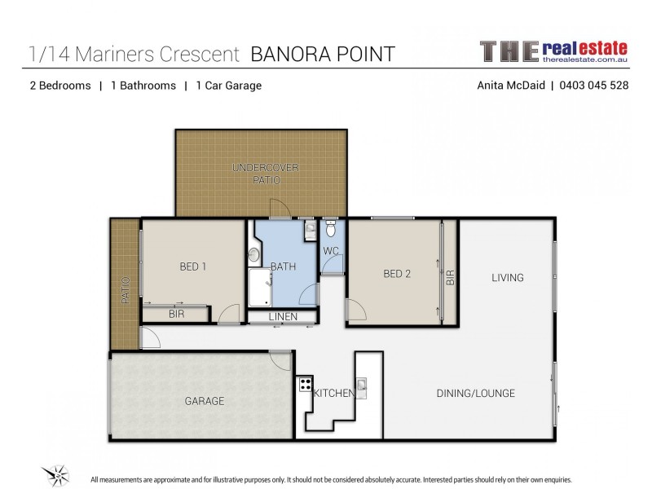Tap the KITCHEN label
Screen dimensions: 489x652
[x=335, y=394]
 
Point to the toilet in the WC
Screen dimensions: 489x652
[x=330, y=231]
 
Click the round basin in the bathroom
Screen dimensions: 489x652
[x=253, y=255]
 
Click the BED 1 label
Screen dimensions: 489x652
[x=194, y=266]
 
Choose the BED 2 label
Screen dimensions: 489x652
[x=397, y=274]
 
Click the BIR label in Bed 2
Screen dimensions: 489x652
[x=450, y=277]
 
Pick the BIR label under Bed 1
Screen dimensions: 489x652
[x=175, y=314]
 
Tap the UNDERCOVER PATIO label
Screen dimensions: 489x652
[x=266, y=173]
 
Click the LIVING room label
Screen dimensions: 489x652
[x=507, y=278]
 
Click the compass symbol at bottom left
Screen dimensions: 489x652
[x=56, y=472]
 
